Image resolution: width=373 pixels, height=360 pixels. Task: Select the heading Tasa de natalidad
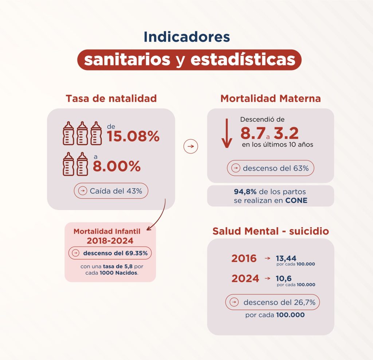pos(111,98)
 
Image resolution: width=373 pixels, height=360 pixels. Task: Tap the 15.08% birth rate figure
pos(133,136)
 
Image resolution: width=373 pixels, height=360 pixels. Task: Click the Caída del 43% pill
pos(111,191)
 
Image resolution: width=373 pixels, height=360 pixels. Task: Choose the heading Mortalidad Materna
pos(271,98)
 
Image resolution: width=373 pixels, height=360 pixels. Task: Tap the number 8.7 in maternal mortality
pos(252,133)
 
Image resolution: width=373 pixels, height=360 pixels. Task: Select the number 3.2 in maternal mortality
pos(286,133)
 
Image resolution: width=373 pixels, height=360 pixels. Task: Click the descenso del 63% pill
pos(270,168)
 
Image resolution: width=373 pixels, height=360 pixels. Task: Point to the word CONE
pos(297,201)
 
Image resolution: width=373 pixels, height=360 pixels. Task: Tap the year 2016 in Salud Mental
pos(244,259)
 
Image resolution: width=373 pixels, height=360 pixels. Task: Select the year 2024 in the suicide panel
pos(245,279)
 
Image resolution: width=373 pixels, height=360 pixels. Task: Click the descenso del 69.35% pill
pos(110,253)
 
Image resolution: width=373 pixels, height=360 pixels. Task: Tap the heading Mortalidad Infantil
pos(110,231)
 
